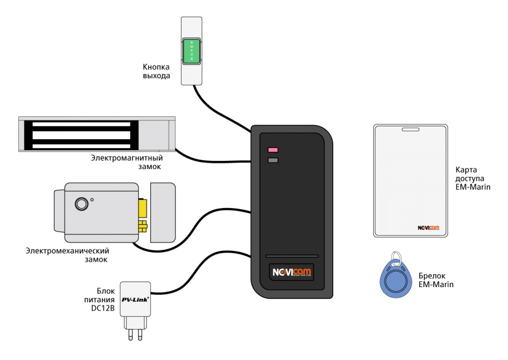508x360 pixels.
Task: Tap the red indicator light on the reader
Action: (x=273, y=150)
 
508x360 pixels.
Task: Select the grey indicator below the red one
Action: (x=273, y=161)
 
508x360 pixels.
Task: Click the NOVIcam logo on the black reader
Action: (x=292, y=272)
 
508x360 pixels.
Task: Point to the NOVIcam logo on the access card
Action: (x=428, y=228)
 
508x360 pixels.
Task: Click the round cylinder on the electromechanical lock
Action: (x=82, y=204)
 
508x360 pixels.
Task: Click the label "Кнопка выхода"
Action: (x=156, y=71)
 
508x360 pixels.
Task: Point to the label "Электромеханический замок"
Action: (x=67, y=255)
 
